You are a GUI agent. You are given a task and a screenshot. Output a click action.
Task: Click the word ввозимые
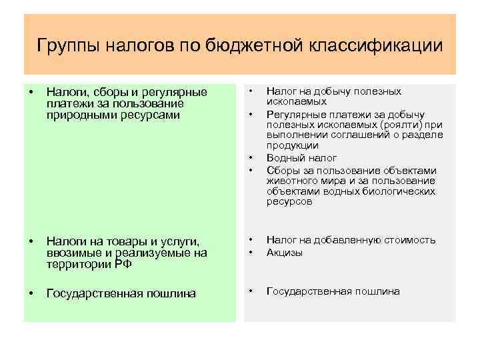[73, 253]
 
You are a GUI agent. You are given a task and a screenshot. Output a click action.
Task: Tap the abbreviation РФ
[123, 264]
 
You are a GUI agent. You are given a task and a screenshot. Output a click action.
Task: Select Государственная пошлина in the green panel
[121, 294]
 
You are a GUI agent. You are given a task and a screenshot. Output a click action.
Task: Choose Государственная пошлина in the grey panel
[333, 291]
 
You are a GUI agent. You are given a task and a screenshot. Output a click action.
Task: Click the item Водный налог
[301, 158]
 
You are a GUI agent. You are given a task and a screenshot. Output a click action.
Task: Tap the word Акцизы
[285, 253]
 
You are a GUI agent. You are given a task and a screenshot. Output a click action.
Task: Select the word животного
[292, 180]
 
